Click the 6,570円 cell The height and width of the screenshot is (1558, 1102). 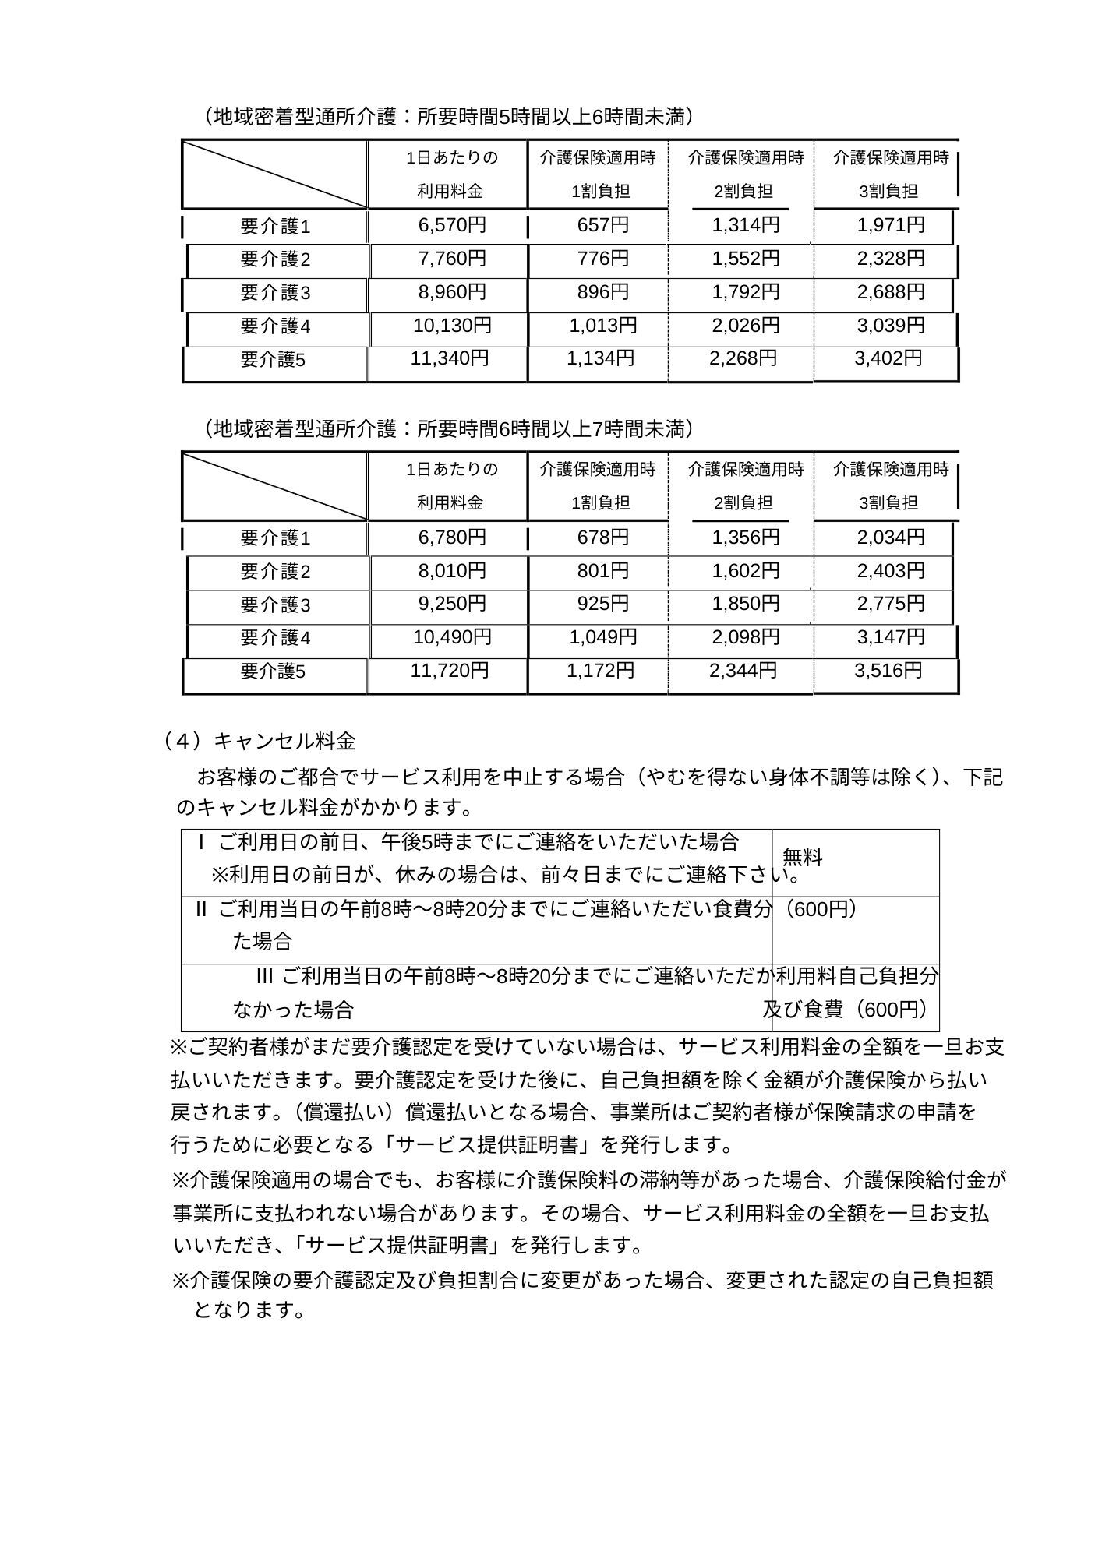(x=452, y=226)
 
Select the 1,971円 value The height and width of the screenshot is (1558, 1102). (x=891, y=226)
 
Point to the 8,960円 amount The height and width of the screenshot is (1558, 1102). (x=452, y=292)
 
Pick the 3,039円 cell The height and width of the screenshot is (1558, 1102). (x=891, y=326)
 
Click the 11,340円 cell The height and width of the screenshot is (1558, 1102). (x=450, y=359)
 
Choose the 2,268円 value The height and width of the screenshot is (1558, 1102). (x=743, y=359)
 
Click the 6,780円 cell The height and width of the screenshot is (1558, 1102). (x=452, y=538)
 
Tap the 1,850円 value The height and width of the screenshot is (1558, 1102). (x=745, y=605)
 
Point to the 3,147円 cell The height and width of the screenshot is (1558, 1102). (x=891, y=637)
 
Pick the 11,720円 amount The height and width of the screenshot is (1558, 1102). (x=450, y=671)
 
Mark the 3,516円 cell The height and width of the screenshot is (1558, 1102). (x=888, y=671)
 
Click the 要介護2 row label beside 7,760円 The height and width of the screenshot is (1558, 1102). (x=275, y=259)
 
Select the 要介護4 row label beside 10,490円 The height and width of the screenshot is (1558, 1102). (x=275, y=638)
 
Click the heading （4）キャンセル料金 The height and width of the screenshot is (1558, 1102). (x=260, y=741)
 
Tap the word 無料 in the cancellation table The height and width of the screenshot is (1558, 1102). (x=802, y=858)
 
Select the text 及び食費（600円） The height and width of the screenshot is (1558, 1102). (x=847, y=1010)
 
